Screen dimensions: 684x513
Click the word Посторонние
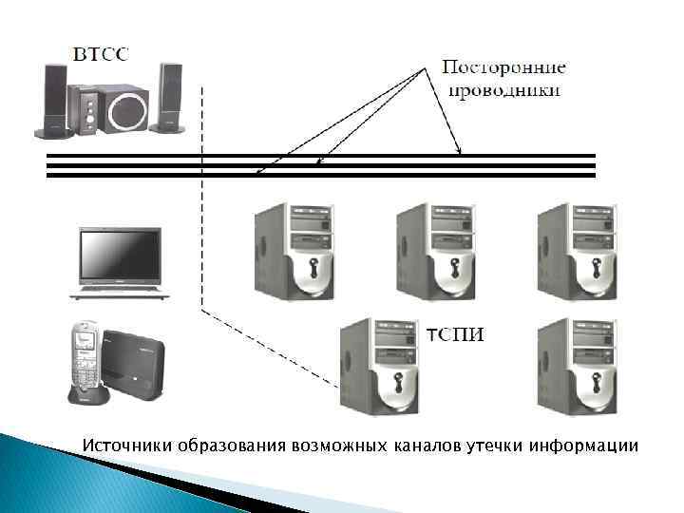coord(504,68)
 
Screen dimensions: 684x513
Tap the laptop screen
coord(120,255)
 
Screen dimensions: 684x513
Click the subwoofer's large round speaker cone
coord(126,111)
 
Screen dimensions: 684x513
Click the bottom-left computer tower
coord(380,366)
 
